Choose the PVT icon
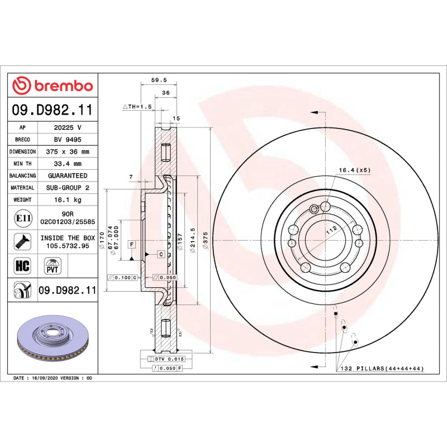pos(51,265)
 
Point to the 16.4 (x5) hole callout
pos(354,169)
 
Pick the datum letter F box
pos(132,244)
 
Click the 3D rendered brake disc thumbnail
pos(53,341)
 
